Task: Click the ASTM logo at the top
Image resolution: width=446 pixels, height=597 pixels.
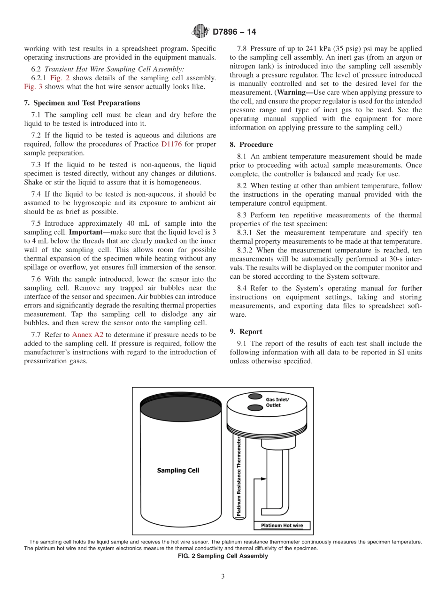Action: coord(201,32)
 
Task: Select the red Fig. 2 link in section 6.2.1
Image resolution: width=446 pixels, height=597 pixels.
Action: coord(60,78)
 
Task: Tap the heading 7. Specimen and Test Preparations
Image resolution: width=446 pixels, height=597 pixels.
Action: coord(82,103)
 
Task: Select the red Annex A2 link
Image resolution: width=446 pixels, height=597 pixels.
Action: coord(87,335)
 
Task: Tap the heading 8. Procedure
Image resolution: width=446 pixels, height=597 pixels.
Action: coord(251,145)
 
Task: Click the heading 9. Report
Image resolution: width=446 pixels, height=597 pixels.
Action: coord(246,331)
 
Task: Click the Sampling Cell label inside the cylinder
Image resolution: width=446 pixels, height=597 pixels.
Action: coord(178,470)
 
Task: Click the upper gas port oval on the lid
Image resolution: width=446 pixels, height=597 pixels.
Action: coord(255,397)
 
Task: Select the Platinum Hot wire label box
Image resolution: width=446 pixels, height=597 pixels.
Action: coord(282,525)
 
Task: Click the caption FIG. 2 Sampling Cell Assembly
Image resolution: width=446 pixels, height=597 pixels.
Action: coord(223,556)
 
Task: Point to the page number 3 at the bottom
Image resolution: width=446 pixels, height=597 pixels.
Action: coord(223,576)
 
